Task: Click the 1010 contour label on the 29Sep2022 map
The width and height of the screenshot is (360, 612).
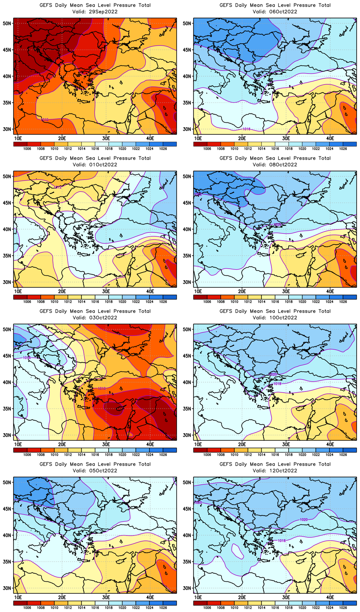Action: pyautogui.click(x=45, y=120)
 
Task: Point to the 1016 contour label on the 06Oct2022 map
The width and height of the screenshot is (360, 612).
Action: pyautogui.click(x=246, y=129)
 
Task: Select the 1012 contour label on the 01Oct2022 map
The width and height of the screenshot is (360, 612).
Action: pyautogui.click(x=58, y=187)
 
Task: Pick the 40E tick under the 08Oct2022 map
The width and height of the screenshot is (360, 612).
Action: pyautogui.click(x=330, y=291)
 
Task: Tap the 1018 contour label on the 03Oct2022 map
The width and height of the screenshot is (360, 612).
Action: pyautogui.click(x=27, y=358)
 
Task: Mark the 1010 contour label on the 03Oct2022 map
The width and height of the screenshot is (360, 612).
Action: pyautogui.click(x=102, y=388)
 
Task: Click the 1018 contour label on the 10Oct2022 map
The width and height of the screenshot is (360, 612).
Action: pyautogui.click(x=277, y=384)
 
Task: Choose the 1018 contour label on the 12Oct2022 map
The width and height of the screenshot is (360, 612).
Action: pyautogui.click(x=282, y=541)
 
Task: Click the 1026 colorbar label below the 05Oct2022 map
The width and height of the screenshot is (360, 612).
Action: pyautogui.click(x=163, y=608)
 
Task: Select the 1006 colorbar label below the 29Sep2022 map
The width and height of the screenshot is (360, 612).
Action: pyautogui.click(x=27, y=149)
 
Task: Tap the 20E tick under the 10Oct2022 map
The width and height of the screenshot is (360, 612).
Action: pyautogui.click(x=242, y=444)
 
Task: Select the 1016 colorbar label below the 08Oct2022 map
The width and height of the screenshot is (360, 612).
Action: pyautogui.click(x=275, y=302)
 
